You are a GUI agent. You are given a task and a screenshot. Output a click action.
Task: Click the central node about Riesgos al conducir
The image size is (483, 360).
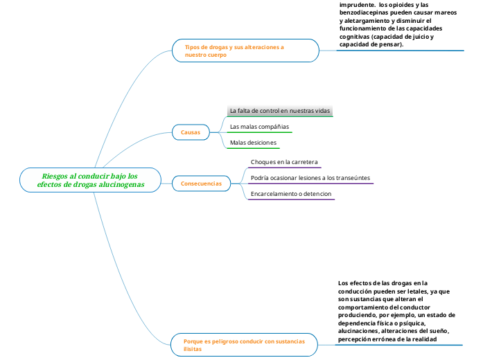click(90, 181)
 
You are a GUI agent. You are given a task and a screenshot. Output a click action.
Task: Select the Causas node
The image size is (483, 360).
click(190, 132)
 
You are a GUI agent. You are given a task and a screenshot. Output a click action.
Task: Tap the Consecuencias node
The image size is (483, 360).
click(201, 183)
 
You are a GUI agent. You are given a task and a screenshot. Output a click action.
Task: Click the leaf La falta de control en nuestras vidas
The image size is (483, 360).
click(280, 111)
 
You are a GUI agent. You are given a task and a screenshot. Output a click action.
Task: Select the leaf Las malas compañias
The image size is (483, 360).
click(259, 127)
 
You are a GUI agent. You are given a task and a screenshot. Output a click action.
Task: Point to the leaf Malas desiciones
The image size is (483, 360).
click(253, 143)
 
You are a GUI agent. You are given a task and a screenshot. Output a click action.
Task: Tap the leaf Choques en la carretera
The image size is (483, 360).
click(284, 162)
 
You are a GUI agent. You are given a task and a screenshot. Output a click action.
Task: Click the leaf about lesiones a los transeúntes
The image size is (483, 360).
click(310, 178)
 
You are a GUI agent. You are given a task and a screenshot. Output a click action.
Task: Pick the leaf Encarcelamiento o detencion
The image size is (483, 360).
click(291, 194)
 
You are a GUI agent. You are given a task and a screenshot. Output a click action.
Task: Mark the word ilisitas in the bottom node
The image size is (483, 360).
click(193, 350)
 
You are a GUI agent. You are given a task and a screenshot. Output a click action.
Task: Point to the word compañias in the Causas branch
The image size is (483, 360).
click(273, 127)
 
